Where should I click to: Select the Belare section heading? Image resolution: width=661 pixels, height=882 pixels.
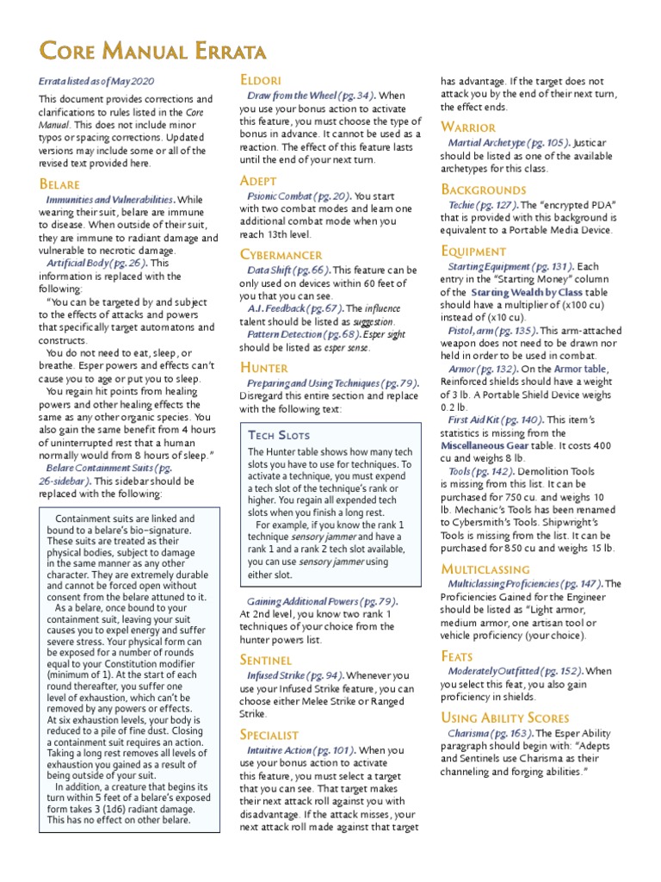point(59,184)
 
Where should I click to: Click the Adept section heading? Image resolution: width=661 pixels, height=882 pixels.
point(258,181)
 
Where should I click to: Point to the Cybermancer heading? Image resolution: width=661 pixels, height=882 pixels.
point(281,255)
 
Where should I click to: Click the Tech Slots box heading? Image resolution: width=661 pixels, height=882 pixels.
point(278,435)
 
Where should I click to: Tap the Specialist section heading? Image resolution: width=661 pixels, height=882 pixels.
point(269,735)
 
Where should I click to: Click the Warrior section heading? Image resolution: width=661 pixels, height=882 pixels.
point(468,127)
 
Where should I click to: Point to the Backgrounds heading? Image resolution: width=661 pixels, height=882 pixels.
point(483,189)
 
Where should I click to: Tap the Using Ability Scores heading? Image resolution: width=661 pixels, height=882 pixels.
point(504,717)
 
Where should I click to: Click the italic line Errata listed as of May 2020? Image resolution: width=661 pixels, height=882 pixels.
point(96,80)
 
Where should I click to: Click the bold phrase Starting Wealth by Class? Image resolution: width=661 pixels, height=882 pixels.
point(527,293)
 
